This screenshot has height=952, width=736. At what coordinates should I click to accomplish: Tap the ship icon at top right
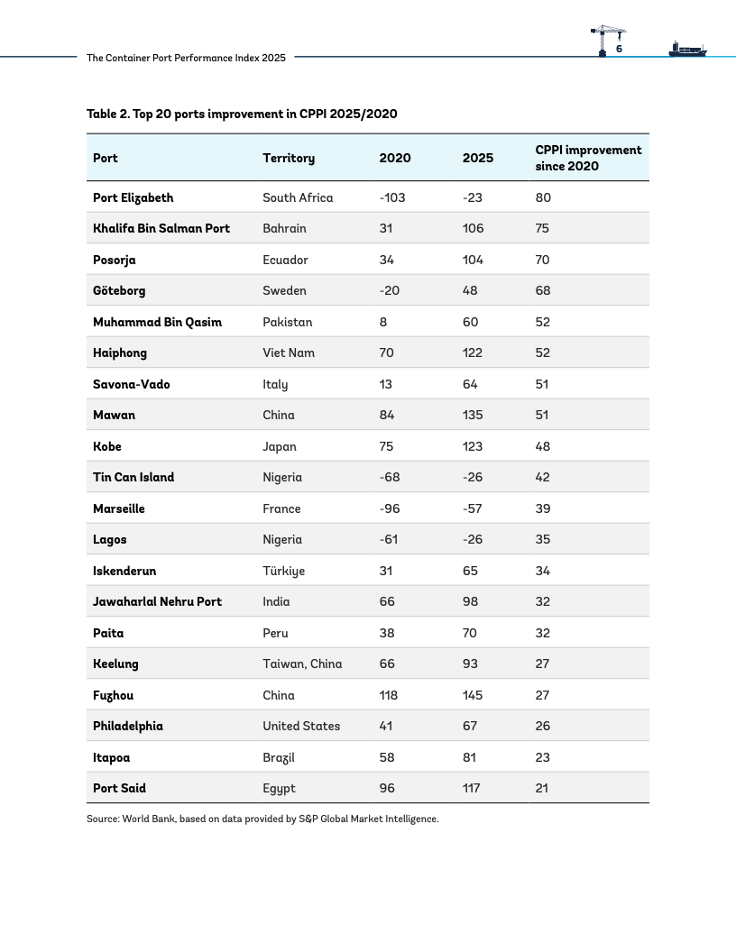(687, 49)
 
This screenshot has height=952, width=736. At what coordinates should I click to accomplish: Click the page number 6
(619, 49)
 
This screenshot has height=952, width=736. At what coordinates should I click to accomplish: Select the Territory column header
(289, 159)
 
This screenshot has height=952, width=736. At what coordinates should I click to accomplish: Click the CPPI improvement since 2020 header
(588, 158)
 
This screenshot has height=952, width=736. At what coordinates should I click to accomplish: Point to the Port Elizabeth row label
(133, 198)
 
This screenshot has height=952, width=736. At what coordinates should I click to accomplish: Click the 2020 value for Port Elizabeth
(392, 198)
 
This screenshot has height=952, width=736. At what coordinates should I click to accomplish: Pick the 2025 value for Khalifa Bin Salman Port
(473, 228)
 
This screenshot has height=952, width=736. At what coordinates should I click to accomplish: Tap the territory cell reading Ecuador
(285, 260)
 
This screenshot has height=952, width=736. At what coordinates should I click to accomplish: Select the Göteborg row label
(119, 291)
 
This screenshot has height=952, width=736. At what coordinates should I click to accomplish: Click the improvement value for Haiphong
(542, 352)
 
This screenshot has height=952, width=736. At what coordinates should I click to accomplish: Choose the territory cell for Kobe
(280, 446)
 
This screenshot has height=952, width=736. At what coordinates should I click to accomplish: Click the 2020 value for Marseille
(390, 508)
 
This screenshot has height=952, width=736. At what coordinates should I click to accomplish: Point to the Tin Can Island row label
(133, 477)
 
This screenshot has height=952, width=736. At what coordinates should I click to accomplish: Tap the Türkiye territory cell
(283, 571)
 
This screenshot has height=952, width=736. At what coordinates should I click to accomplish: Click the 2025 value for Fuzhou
(473, 695)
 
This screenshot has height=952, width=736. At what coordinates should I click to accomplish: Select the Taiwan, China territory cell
(302, 664)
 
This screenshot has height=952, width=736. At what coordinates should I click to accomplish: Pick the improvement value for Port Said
(542, 788)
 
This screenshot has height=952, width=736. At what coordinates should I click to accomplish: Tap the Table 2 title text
(242, 114)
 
